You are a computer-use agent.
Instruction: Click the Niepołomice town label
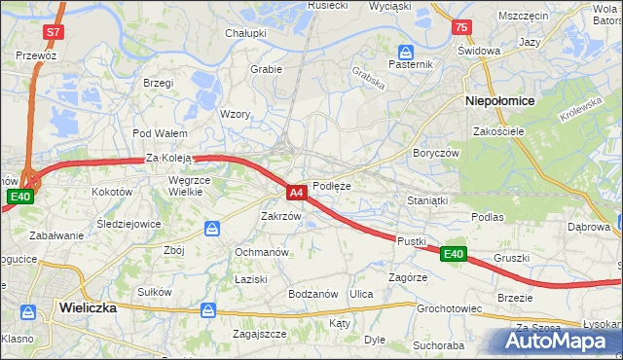[497, 100]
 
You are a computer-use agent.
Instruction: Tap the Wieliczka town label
[88, 306]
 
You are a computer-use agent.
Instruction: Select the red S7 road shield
[53, 32]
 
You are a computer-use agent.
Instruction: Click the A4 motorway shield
[298, 193]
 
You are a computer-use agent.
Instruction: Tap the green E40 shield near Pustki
[453, 254]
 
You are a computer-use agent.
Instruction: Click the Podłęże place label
[332, 186]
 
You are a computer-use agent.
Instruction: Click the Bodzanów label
[312, 294]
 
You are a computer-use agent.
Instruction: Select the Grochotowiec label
[450, 308]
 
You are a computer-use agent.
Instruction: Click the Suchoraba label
[438, 344]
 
